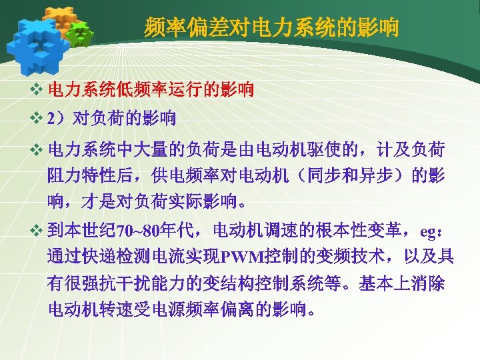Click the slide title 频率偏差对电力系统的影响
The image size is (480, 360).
click(272, 28)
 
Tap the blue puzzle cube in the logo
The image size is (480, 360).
click(37, 41)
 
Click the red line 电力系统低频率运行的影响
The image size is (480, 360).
click(151, 89)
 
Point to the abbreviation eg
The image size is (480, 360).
click(427, 232)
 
